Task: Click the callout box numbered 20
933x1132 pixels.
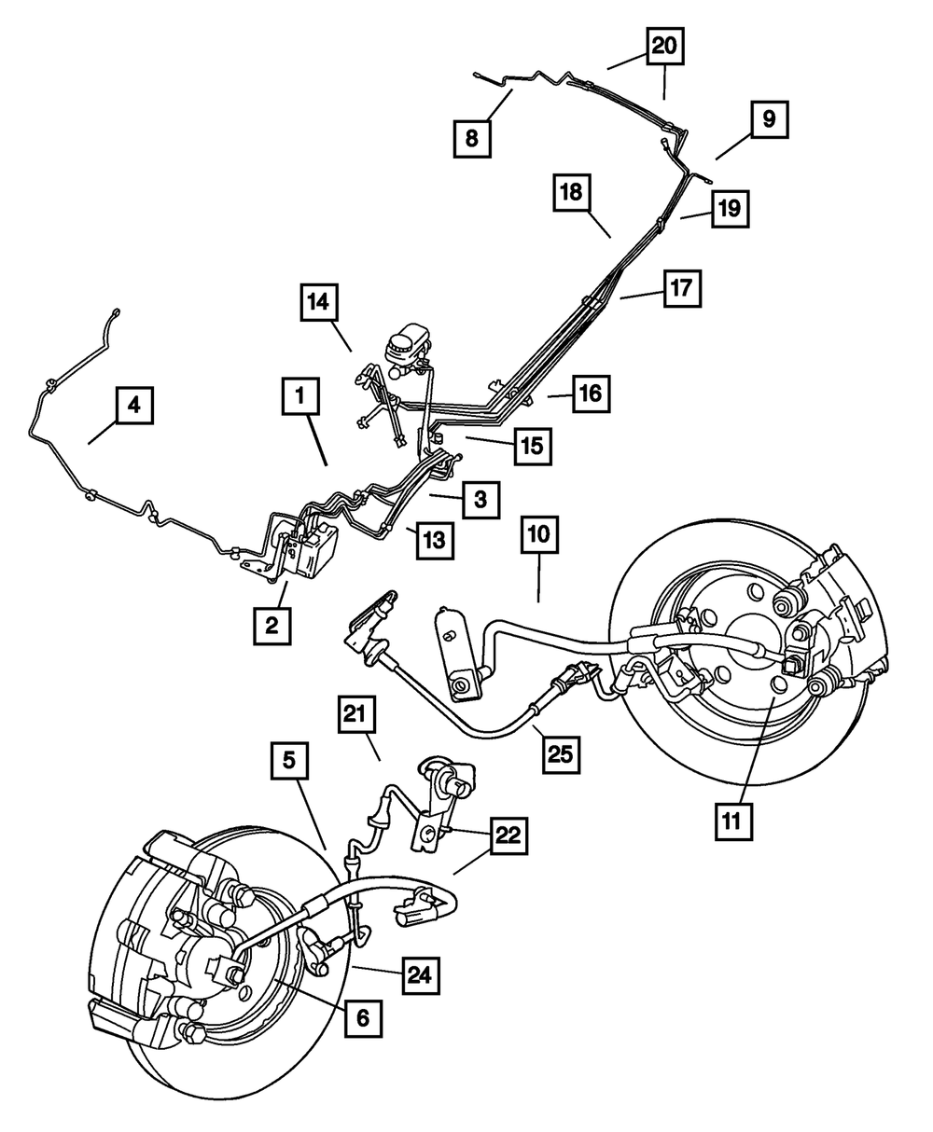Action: [x=666, y=45]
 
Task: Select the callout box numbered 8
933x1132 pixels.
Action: [x=471, y=139]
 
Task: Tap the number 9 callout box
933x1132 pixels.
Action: [x=768, y=119]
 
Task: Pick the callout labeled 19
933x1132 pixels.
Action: [x=730, y=209]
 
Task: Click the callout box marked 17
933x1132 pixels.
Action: [x=681, y=289]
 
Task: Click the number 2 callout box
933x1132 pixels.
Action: [x=271, y=627]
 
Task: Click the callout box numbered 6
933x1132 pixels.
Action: [x=362, y=1018]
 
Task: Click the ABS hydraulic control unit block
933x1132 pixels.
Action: [x=314, y=550]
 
